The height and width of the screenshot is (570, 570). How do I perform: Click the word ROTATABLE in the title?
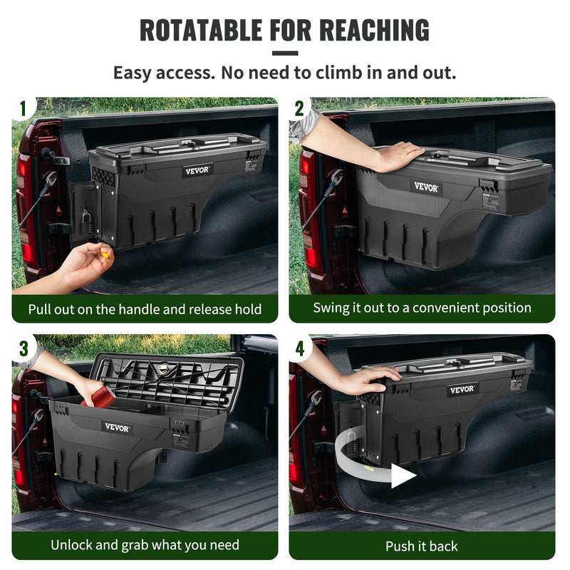202,30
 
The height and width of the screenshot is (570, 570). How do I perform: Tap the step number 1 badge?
23,108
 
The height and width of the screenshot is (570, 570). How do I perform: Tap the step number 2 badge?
299,108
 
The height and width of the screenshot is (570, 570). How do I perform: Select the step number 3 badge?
23,348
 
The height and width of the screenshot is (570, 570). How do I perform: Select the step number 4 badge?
299,348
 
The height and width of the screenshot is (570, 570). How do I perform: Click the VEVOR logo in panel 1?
197,171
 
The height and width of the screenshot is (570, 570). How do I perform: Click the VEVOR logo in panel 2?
425,187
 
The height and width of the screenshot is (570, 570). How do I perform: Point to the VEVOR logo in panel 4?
462,390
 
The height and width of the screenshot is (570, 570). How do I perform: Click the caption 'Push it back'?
422,546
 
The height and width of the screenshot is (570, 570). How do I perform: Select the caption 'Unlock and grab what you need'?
145,546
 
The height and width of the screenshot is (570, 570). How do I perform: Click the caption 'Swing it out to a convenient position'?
422,308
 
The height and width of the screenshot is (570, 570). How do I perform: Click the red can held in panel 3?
102,397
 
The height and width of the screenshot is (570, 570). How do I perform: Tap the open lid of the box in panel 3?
167,378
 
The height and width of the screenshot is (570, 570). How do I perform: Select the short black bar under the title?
285,53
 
